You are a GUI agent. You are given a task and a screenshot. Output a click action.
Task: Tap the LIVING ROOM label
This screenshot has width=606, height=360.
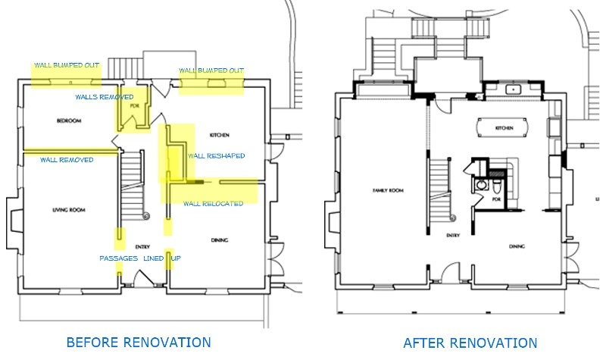click(x=67, y=210)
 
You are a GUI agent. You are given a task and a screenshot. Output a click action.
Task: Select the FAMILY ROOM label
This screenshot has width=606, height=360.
click(x=387, y=190)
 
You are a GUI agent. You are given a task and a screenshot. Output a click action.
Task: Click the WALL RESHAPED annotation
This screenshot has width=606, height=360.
click(x=216, y=155)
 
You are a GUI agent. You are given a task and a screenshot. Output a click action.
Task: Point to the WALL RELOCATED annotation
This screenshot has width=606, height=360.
click(x=213, y=203)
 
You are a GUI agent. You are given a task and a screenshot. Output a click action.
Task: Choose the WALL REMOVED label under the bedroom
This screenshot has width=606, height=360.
click(x=67, y=160)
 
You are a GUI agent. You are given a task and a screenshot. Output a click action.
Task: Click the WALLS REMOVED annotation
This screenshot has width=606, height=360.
click(x=105, y=97)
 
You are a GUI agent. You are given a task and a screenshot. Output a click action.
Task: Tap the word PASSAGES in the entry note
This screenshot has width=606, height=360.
click(x=118, y=258)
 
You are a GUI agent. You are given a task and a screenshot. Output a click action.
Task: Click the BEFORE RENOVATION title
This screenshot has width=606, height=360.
click(x=139, y=342)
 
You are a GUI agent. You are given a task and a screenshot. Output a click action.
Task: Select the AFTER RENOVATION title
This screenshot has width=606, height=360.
click(x=470, y=343)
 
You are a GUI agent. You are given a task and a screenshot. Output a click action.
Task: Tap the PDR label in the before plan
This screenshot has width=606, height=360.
click(x=135, y=106)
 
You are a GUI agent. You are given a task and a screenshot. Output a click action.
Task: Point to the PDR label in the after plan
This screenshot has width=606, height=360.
click(x=497, y=199)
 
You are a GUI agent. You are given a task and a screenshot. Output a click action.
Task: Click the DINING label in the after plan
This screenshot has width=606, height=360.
click(x=517, y=246)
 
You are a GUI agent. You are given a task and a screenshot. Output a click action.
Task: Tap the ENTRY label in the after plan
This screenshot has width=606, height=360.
click(x=453, y=236)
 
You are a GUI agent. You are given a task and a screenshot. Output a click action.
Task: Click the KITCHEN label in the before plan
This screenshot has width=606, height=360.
click(x=220, y=135)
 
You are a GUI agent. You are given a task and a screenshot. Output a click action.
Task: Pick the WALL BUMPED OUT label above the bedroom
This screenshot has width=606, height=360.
click(x=67, y=66)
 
